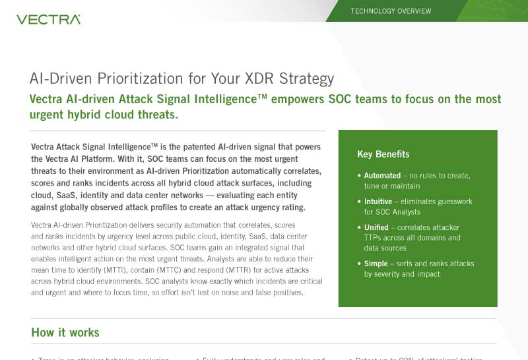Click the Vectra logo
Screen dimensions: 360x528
48,20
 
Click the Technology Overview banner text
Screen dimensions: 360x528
391,11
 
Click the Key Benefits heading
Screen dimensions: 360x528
383,155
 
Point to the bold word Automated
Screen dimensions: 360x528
382,176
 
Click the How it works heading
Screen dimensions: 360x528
65,332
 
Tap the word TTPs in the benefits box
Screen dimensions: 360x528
374,238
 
